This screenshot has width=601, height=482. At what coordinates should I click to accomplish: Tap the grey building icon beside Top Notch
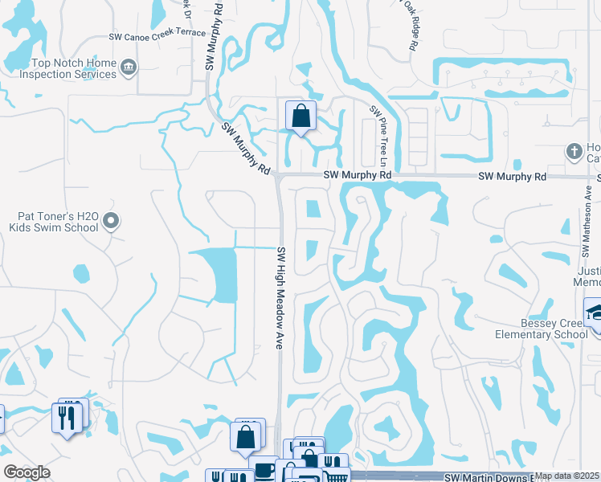pyautogui.click(x=129, y=68)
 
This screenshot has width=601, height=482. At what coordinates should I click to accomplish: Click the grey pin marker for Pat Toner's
pyautogui.click(x=112, y=221)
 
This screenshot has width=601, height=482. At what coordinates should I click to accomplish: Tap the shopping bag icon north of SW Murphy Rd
pyautogui.click(x=300, y=116)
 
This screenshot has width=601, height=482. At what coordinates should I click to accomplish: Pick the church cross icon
pyautogui.click(x=574, y=150)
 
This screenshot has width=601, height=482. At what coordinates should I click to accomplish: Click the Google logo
pyautogui.click(x=27, y=472)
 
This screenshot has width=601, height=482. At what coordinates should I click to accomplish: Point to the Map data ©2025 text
pyautogui.click(x=567, y=476)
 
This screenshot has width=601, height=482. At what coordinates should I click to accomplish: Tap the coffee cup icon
pyautogui.click(x=264, y=469)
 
